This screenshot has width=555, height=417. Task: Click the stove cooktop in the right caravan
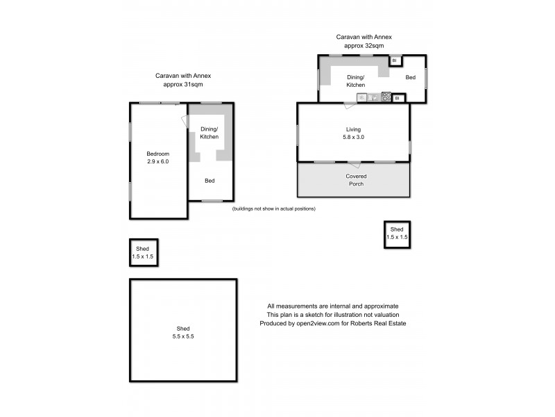click(x=386, y=97)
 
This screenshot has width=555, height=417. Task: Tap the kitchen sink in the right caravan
click(x=361, y=97)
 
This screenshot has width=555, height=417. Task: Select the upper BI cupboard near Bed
click(x=395, y=60)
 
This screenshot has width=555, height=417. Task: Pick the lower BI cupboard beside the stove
click(x=398, y=98)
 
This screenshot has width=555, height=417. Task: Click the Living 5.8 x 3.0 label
click(x=354, y=133)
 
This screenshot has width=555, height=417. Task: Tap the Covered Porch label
click(x=356, y=181)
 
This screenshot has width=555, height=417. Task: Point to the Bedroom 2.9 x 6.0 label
click(x=157, y=158)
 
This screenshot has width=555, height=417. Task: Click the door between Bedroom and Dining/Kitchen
click(x=185, y=121)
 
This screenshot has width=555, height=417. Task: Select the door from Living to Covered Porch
click(x=355, y=164)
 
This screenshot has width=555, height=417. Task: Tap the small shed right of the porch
click(x=397, y=234)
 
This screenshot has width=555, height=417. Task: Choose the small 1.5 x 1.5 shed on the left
click(x=143, y=253)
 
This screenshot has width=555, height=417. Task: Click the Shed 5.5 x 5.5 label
click(x=183, y=332)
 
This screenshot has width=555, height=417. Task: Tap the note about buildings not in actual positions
click(x=273, y=208)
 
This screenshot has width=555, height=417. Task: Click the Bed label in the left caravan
click(x=210, y=181)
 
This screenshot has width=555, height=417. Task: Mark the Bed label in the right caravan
click(x=410, y=77)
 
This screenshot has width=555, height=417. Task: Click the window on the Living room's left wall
click(x=298, y=134)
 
